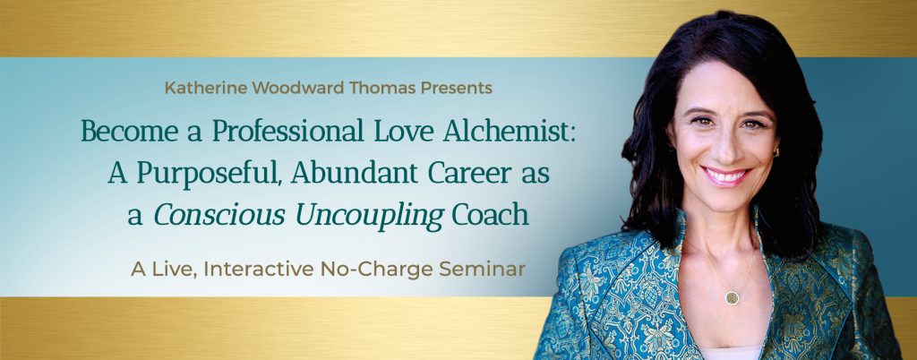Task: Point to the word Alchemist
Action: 509,131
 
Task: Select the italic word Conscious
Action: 220,215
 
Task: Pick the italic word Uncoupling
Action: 370,216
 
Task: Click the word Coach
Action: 490,215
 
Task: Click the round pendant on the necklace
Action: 733,297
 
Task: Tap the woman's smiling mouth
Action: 726,176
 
